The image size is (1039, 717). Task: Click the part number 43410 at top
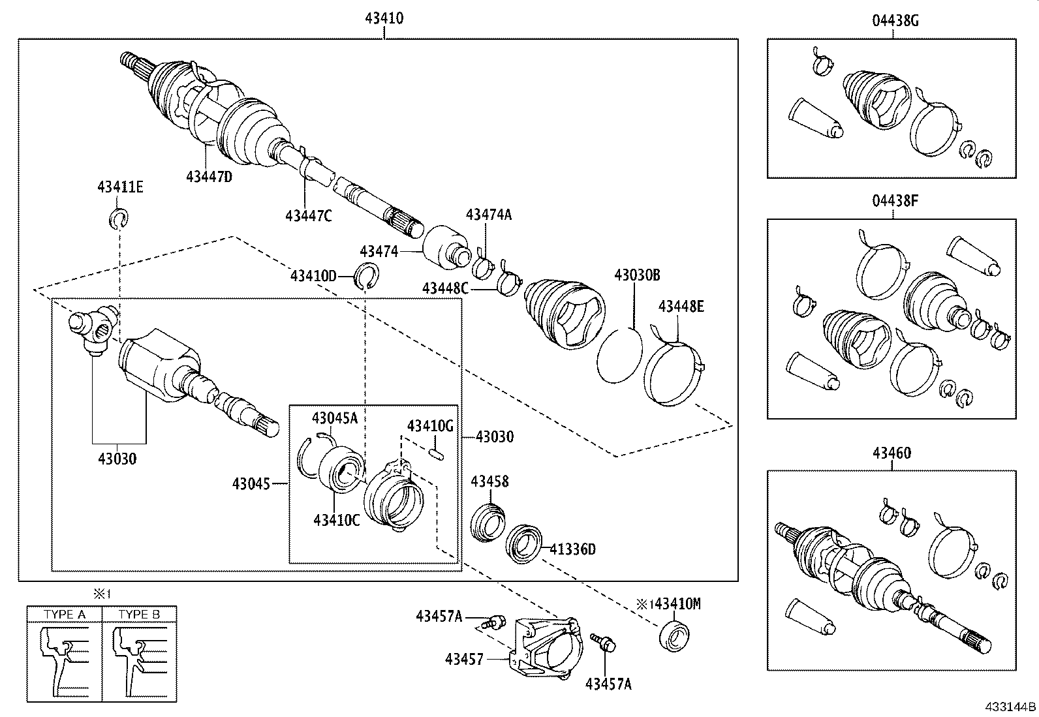[x=384, y=18]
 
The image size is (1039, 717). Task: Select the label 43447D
[x=209, y=176]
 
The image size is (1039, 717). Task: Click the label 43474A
[x=489, y=215]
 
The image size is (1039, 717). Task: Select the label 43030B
[x=636, y=275]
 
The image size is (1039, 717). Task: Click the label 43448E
[x=681, y=306]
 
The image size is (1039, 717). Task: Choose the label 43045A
[x=335, y=418]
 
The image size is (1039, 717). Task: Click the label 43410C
[x=336, y=519]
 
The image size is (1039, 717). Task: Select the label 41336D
[x=572, y=549]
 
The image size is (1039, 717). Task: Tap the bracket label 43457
[x=464, y=659]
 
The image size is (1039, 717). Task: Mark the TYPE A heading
[x=64, y=615]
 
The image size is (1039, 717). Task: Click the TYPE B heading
[x=139, y=615]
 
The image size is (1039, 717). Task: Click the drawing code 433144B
[x=1011, y=707]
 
